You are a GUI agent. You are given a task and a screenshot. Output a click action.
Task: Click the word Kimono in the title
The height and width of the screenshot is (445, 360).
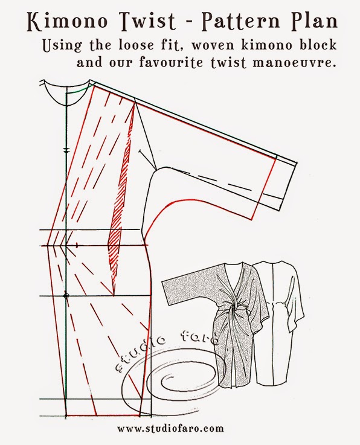(65, 21)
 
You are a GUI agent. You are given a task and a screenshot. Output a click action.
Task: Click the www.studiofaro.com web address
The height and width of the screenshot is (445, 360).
(170, 427)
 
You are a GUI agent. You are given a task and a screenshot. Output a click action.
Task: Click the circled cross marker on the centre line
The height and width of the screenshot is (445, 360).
(66, 296)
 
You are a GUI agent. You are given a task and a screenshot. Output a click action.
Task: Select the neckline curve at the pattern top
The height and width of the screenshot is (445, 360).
(66, 94)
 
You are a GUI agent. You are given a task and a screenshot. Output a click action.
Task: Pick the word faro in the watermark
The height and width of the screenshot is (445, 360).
(202, 335)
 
